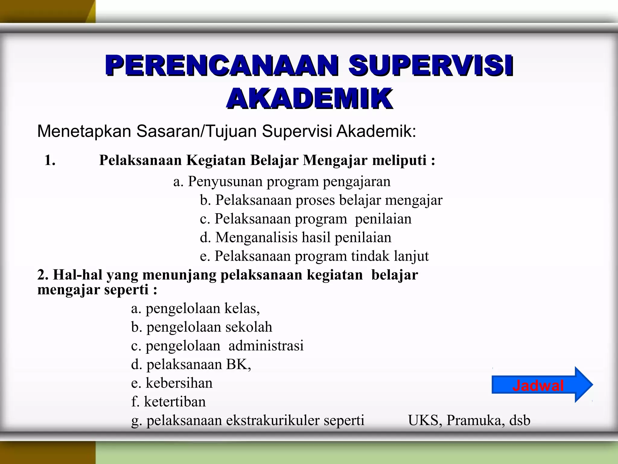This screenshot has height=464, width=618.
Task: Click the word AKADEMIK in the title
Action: coord(310,98)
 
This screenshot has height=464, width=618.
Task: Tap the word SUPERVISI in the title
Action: coord(431,65)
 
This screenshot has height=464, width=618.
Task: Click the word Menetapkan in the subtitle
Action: coord(84,131)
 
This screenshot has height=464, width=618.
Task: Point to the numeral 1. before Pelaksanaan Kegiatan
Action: coord(50,160)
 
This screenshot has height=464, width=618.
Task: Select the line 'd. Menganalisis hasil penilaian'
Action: coord(295,237)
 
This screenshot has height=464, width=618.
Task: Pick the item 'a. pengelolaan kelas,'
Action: coord(195,308)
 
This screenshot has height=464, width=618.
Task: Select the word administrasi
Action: coord(266,346)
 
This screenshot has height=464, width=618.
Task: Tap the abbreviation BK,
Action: coord(238,365)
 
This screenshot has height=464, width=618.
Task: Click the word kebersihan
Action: coord(179,383)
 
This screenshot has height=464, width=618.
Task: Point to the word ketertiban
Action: coord(175,402)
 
